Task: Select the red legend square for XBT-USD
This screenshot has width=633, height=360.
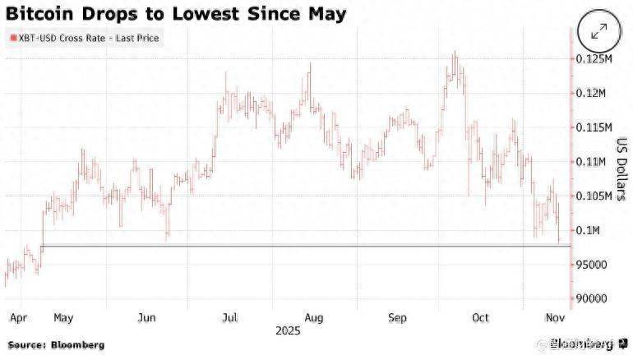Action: point(11,38)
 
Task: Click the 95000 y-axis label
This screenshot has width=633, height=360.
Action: point(592,265)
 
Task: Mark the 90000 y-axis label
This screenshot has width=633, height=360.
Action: point(592,299)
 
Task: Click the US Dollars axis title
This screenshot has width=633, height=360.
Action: point(622,168)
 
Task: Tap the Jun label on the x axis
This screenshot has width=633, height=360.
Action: point(148,317)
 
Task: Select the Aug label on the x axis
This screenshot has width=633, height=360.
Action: point(312,317)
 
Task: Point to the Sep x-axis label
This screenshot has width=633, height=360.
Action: point(398,317)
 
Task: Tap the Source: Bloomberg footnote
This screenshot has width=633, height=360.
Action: point(55,345)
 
